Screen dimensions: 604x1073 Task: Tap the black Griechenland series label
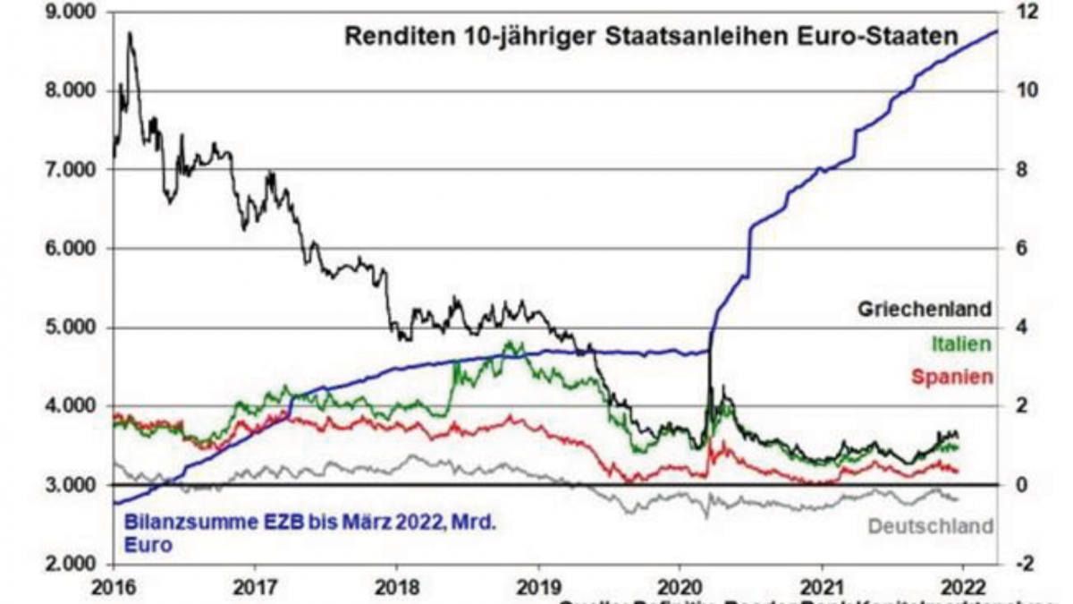point(925,310)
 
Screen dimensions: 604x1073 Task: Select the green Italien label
point(961,343)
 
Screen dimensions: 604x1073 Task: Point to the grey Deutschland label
point(930,526)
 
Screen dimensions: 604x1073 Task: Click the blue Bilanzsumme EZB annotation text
point(302,532)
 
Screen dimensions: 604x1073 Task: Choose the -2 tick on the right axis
point(1027,564)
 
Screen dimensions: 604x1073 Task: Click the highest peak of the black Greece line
point(130,33)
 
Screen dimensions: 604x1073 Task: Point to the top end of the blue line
point(997,31)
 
